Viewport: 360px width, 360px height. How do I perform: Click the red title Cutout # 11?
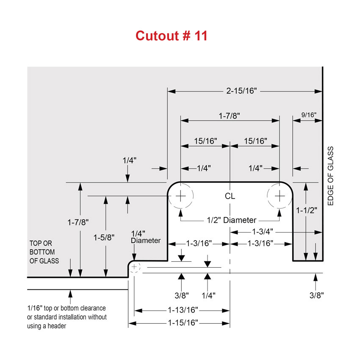point(171,36)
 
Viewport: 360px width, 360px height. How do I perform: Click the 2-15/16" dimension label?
point(241,91)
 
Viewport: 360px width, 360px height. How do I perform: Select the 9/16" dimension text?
point(309,115)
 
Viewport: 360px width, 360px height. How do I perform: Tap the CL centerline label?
point(230,196)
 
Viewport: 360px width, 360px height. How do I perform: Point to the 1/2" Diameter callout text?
point(231,220)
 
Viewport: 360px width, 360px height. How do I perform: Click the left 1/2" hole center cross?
point(181,196)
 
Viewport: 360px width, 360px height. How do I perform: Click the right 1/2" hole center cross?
point(280,196)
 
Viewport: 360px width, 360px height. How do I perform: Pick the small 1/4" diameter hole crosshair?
point(134,267)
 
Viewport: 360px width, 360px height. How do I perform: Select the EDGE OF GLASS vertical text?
point(330,176)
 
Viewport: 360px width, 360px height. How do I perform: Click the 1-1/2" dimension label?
point(307,210)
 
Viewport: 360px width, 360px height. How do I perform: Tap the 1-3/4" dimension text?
point(263,232)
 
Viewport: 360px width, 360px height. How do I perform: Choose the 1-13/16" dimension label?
point(183,310)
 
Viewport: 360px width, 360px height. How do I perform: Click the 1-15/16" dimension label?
point(183,323)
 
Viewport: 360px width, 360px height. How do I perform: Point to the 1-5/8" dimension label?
point(104,238)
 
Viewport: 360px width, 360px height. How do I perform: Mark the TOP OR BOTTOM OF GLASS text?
point(44,252)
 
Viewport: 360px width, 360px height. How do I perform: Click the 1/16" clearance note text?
point(67,317)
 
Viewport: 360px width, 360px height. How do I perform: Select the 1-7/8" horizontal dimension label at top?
point(229,116)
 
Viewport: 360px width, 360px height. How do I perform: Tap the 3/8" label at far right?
point(317,295)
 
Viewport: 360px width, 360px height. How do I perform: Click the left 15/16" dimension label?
point(205,141)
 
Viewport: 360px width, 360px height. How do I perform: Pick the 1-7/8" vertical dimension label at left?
point(78,222)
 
